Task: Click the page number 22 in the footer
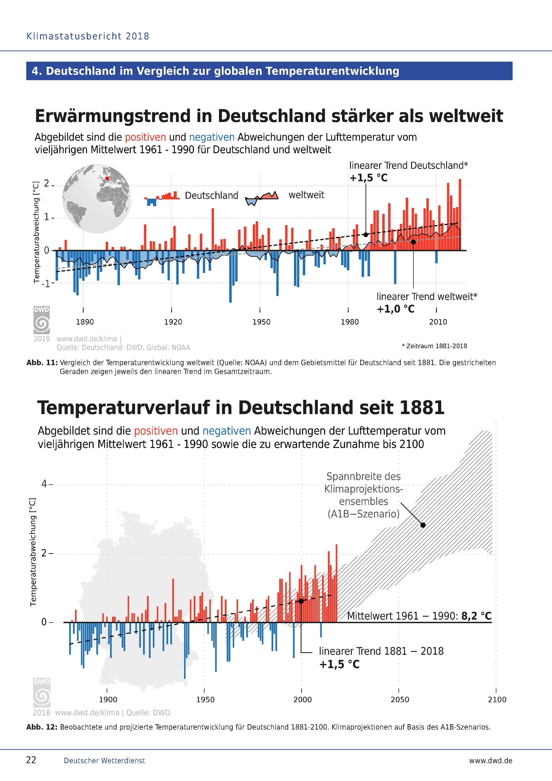[31, 760]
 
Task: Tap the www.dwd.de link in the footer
[490, 761]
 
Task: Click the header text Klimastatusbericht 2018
[88, 36]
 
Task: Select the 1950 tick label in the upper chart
[261, 322]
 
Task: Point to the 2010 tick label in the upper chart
[438, 322]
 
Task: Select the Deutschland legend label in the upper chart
[211, 196]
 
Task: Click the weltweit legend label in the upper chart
[307, 195]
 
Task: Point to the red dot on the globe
[107, 178]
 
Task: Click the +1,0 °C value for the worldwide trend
[396, 309]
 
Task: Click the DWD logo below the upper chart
[41, 320]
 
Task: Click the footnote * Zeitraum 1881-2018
[434, 346]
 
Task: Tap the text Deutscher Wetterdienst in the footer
[104, 761]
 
